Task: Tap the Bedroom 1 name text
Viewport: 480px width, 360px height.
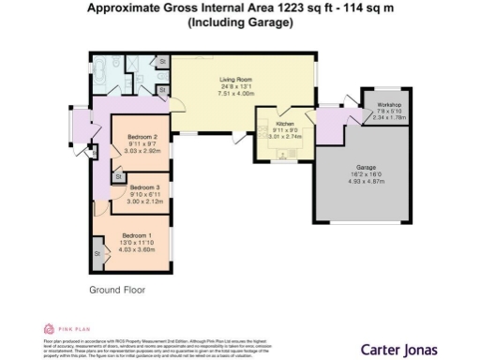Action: click(x=137, y=234)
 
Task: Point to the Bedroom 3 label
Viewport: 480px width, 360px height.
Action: click(x=144, y=187)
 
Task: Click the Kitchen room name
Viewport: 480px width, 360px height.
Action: click(x=285, y=122)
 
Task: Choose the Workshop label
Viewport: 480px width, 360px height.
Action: click(x=388, y=104)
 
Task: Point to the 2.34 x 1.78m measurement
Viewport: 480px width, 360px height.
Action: click(x=388, y=118)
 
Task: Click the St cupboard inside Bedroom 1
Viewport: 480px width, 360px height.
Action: click(x=97, y=252)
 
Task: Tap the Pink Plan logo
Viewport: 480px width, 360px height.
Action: click(x=66, y=329)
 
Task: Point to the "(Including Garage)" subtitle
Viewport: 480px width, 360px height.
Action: click(x=239, y=23)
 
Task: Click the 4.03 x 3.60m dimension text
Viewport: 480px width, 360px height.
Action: click(x=137, y=249)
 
